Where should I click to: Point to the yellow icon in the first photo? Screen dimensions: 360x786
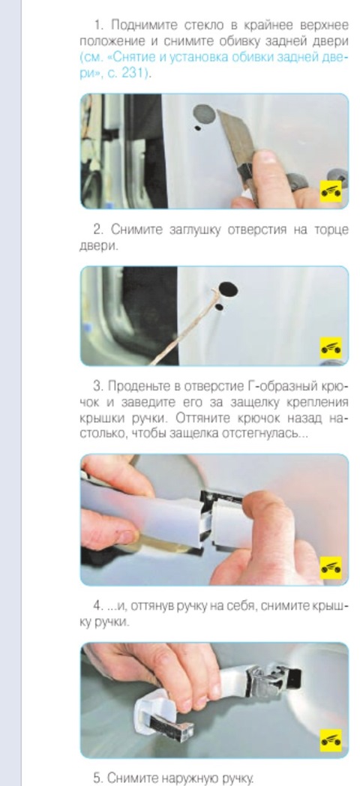point(331,191)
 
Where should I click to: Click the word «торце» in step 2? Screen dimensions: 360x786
point(331,230)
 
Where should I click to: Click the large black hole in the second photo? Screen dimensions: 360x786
point(228,289)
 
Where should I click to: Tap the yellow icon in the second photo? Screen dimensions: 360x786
point(331,347)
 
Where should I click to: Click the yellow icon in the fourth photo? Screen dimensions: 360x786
point(331,739)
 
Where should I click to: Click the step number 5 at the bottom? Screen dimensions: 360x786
point(97,778)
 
